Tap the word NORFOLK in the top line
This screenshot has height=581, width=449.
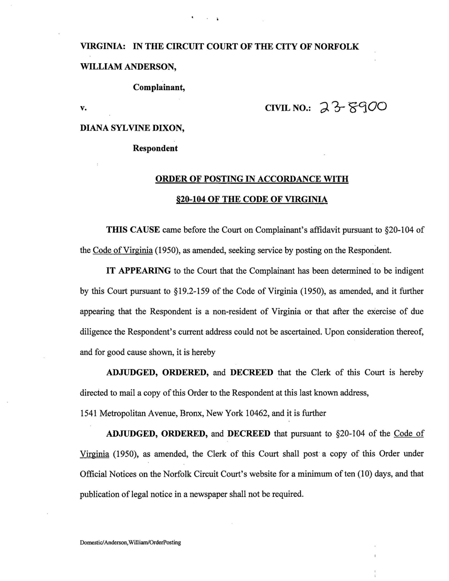click(336, 47)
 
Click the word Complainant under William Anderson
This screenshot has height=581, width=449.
click(159, 87)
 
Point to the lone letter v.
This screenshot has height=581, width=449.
click(83, 108)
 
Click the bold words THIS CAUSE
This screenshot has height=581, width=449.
click(133, 230)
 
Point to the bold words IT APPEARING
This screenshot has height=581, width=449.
click(138, 271)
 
